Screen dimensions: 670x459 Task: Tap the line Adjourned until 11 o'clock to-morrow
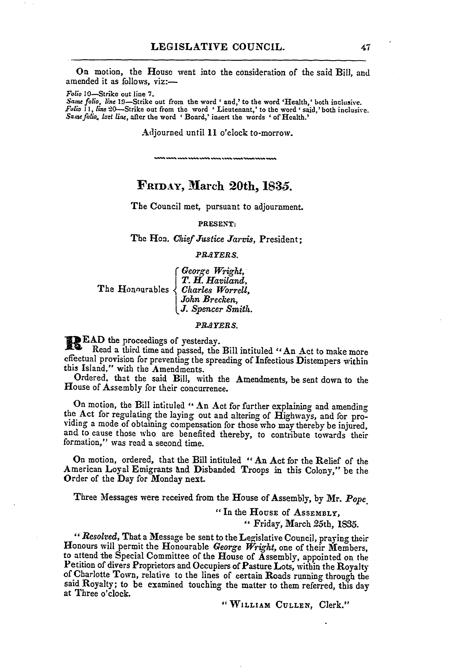coord(218,133)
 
